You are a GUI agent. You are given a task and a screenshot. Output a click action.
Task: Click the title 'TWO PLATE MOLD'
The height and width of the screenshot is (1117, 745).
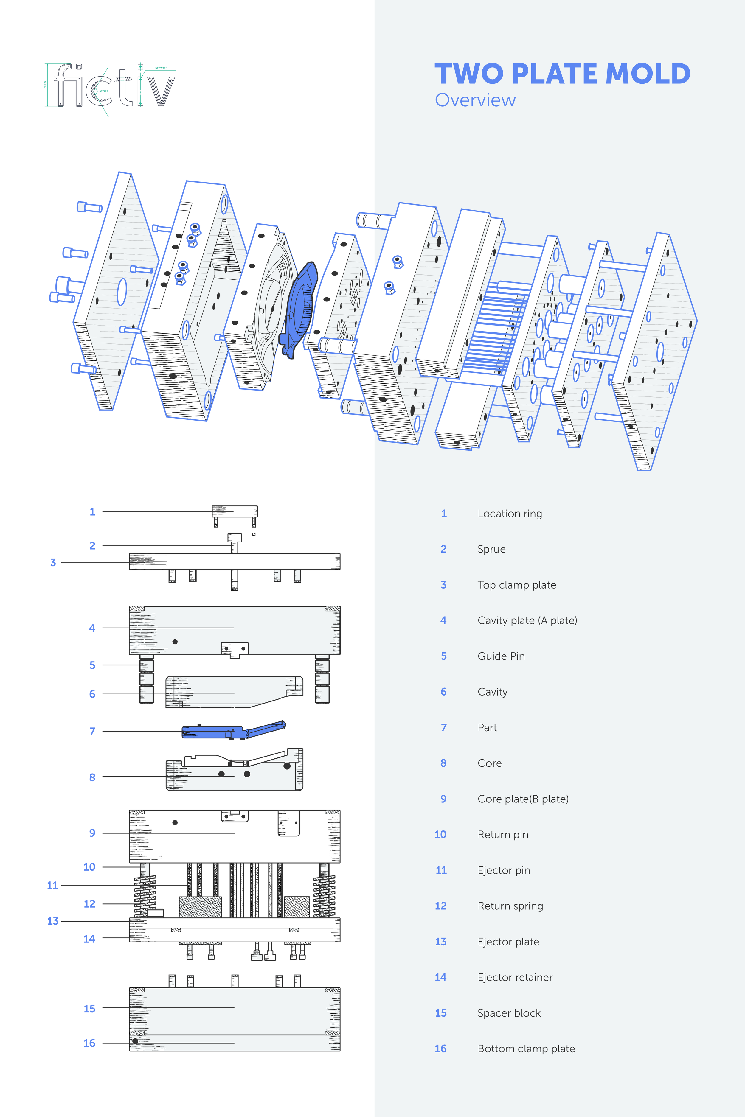[562, 74]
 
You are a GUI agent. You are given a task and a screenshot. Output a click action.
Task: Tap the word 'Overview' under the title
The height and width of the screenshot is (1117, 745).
[475, 100]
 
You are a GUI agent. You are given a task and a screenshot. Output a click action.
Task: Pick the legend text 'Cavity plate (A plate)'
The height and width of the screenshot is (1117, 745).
[527, 620]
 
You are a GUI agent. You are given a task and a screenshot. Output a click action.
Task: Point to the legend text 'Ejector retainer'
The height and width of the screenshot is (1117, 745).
[515, 977]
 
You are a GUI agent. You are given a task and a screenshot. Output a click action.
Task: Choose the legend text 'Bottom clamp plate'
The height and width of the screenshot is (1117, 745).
[526, 1048]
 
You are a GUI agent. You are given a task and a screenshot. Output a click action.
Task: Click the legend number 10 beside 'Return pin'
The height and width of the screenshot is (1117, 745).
[440, 834]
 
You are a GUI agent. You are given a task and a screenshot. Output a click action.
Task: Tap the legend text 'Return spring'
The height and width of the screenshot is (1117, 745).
[510, 906]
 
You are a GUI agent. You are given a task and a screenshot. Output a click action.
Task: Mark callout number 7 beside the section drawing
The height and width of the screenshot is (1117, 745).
[92, 731]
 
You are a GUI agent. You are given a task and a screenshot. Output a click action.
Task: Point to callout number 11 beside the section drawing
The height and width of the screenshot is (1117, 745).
[52, 885]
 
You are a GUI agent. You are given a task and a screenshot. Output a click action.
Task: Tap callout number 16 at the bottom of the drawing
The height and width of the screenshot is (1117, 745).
[89, 1043]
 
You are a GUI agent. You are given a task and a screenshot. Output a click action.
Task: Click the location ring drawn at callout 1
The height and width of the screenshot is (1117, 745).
[235, 511]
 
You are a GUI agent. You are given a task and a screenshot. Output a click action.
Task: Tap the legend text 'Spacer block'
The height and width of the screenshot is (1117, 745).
[509, 1013]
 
